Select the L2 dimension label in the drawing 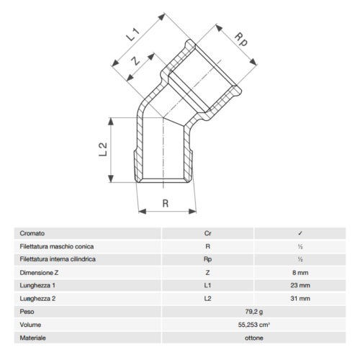102,149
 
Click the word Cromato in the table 34,233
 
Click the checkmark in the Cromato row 300,233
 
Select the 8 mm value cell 300,271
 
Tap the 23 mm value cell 300,284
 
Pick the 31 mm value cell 300,297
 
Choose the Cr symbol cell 208,233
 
